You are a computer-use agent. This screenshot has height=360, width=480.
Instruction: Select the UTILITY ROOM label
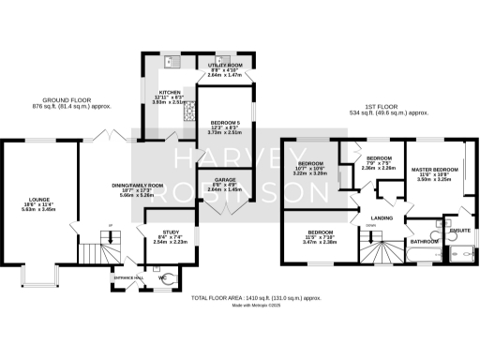point(213,65)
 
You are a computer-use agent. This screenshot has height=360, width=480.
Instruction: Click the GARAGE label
point(225,179)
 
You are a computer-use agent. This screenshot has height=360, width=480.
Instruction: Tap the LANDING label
point(382,219)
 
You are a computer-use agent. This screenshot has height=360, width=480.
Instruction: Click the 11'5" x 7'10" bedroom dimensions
point(322,241)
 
